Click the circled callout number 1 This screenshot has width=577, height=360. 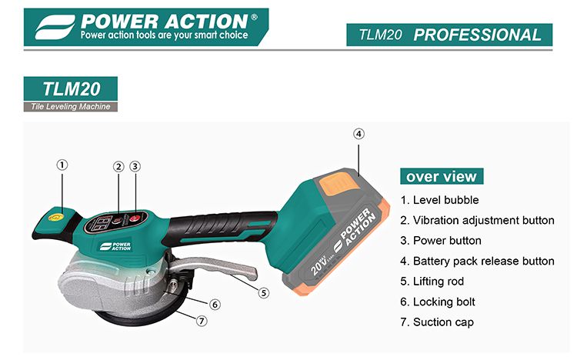coord(62,165)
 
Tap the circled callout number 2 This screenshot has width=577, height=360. coord(118,167)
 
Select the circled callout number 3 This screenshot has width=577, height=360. coord(135,167)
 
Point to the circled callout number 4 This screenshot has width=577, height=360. coord(359,134)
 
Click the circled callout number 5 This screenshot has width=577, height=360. coord(263,293)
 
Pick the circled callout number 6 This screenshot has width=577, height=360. coord(215,305)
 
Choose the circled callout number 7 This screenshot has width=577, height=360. coord(202,321)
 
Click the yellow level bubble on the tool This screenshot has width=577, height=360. coord(55,217)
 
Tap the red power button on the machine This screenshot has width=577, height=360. coord(135,218)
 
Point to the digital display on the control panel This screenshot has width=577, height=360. coord(101,223)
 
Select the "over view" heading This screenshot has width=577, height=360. coord(442,176)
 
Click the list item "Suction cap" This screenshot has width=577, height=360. coord(437,322)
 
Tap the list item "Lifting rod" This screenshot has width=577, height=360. coord(432,282)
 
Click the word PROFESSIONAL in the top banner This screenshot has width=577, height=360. coord(477,35)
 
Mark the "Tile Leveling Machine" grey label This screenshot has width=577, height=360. coord(71,107)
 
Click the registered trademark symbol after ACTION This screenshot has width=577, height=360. coord(254,17)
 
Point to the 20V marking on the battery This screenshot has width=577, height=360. coord(318,266)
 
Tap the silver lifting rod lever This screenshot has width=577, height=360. coord(213,267)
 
